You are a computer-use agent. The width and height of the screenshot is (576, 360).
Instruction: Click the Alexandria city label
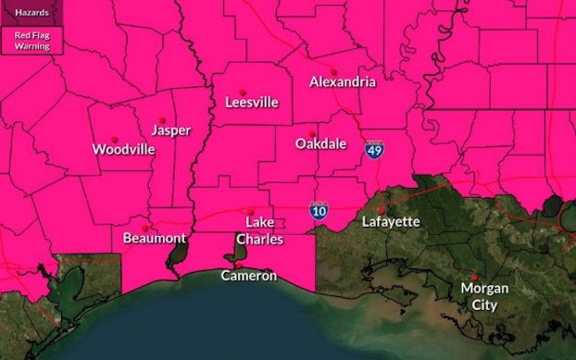point(343,81)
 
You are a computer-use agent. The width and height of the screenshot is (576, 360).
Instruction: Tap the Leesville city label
point(252,103)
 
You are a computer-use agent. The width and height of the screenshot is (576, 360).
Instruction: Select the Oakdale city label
point(321,143)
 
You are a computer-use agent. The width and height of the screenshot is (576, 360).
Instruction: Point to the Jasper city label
point(171,130)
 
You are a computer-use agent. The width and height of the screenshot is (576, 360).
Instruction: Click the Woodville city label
point(123,149)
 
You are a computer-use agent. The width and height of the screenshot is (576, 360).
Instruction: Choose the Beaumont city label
point(155,238)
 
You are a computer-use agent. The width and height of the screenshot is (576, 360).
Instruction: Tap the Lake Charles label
point(253,230)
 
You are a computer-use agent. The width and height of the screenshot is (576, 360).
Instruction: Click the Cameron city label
point(248,276)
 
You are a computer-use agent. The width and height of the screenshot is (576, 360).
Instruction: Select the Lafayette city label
point(391,222)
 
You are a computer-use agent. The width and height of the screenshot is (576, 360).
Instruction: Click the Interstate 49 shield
point(374,150)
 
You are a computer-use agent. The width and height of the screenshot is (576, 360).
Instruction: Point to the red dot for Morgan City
point(474,277)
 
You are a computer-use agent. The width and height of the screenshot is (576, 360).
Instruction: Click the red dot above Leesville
point(243,92)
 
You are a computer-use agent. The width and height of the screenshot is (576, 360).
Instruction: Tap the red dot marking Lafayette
point(381,210)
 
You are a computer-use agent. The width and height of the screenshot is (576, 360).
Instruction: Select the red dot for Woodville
point(115,140)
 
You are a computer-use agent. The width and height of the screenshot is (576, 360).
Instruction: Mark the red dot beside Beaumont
point(144,228)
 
